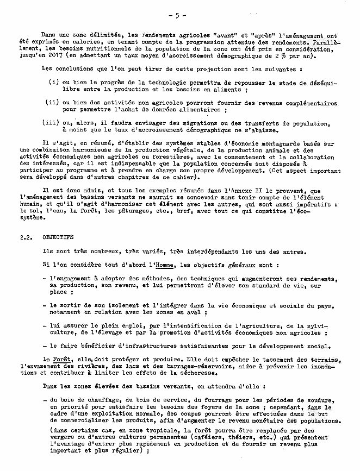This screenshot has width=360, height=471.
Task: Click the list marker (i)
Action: [x=53, y=81]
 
